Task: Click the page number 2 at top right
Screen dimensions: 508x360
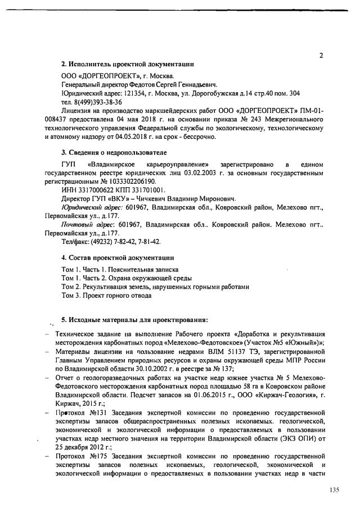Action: tap(321, 56)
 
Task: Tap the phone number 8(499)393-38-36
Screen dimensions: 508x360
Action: tap(91, 102)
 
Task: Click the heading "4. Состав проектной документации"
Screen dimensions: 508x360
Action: tap(116, 257)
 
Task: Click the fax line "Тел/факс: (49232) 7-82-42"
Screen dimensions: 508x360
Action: tap(102, 241)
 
